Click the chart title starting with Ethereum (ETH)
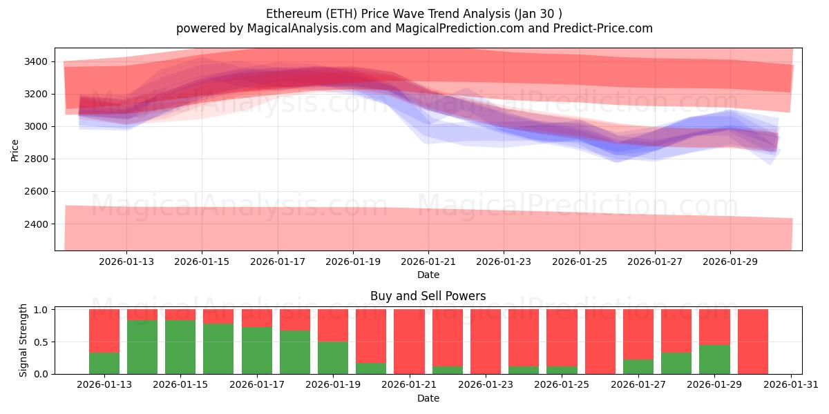click(x=414, y=14)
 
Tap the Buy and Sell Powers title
click(x=428, y=296)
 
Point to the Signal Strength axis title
click(x=23, y=339)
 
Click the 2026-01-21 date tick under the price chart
click(x=428, y=262)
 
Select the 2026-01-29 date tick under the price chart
click(x=730, y=262)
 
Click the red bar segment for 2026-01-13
click(x=104, y=331)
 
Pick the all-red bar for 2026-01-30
click(x=752, y=342)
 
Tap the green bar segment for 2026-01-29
click(x=714, y=359)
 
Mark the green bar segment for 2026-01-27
click(x=638, y=366)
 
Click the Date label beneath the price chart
click(x=428, y=275)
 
